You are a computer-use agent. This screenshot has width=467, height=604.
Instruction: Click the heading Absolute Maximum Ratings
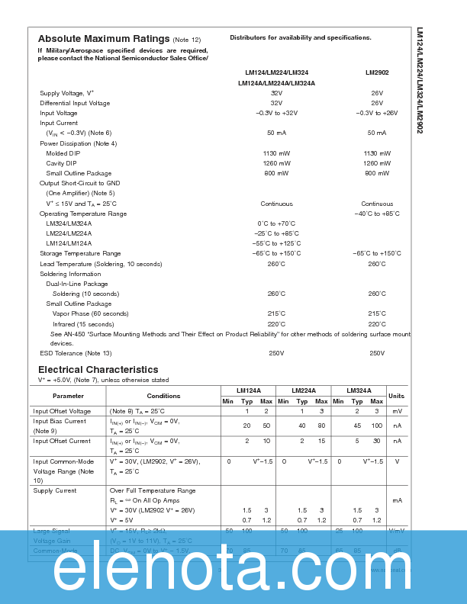click(103, 39)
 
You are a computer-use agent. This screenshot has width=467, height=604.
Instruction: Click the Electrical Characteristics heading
click(98, 370)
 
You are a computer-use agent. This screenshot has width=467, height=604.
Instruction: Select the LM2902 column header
click(376, 73)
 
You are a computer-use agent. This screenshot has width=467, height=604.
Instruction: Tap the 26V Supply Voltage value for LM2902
click(377, 93)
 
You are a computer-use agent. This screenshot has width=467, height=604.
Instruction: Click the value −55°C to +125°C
click(276, 243)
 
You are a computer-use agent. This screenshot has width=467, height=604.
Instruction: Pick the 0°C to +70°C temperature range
click(276, 223)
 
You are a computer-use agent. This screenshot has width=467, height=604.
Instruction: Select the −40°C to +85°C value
click(377, 214)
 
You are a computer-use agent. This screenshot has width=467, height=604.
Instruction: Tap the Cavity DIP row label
click(61, 163)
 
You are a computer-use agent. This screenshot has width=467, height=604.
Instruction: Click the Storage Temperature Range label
click(80, 253)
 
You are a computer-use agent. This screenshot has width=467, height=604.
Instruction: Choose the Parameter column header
click(68, 396)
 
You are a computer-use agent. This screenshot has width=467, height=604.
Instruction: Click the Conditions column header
click(163, 396)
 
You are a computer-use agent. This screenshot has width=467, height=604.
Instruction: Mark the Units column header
click(397, 396)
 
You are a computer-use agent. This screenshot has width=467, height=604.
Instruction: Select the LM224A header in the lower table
click(303, 390)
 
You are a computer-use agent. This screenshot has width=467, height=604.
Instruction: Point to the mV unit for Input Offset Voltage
click(397, 411)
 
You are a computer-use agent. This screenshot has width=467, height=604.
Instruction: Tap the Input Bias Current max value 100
click(376, 426)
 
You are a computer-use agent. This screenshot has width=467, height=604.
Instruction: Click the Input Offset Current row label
click(63, 441)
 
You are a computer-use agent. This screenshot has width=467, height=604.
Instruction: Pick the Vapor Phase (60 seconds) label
click(90, 313)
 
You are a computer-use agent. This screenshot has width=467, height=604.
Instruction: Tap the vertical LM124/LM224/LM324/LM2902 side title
click(420, 80)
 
